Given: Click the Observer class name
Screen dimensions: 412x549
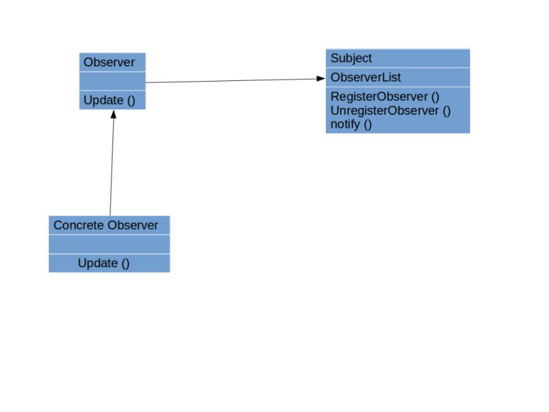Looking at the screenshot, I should click(109, 62).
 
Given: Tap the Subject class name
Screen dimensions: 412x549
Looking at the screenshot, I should click(351, 58).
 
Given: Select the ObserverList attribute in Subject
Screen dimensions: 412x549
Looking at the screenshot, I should click(366, 78).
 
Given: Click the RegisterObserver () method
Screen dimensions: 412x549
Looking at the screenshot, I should click(385, 97).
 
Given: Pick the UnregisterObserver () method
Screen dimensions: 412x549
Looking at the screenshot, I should click(390, 111).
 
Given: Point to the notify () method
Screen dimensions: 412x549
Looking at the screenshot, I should click(351, 124).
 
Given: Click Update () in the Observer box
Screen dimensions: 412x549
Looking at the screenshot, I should click(109, 100).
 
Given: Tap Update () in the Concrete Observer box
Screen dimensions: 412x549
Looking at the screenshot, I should click(104, 263).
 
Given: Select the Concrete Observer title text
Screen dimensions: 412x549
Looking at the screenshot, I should click(106, 225).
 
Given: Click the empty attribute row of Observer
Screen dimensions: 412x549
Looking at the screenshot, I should click(112, 81).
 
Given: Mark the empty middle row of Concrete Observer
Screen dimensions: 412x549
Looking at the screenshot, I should click(109, 244).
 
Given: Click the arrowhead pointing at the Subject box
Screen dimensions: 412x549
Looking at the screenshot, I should click(321, 78).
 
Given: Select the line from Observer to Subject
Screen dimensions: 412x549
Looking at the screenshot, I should click(233, 80).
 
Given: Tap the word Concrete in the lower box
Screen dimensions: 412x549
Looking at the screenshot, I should click(75, 225).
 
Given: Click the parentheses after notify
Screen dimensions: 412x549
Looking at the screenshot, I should click(367, 124).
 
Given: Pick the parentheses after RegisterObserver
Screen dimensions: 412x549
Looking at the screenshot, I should click(435, 97).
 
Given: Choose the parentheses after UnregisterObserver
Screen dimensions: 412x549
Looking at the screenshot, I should click(446, 111).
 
